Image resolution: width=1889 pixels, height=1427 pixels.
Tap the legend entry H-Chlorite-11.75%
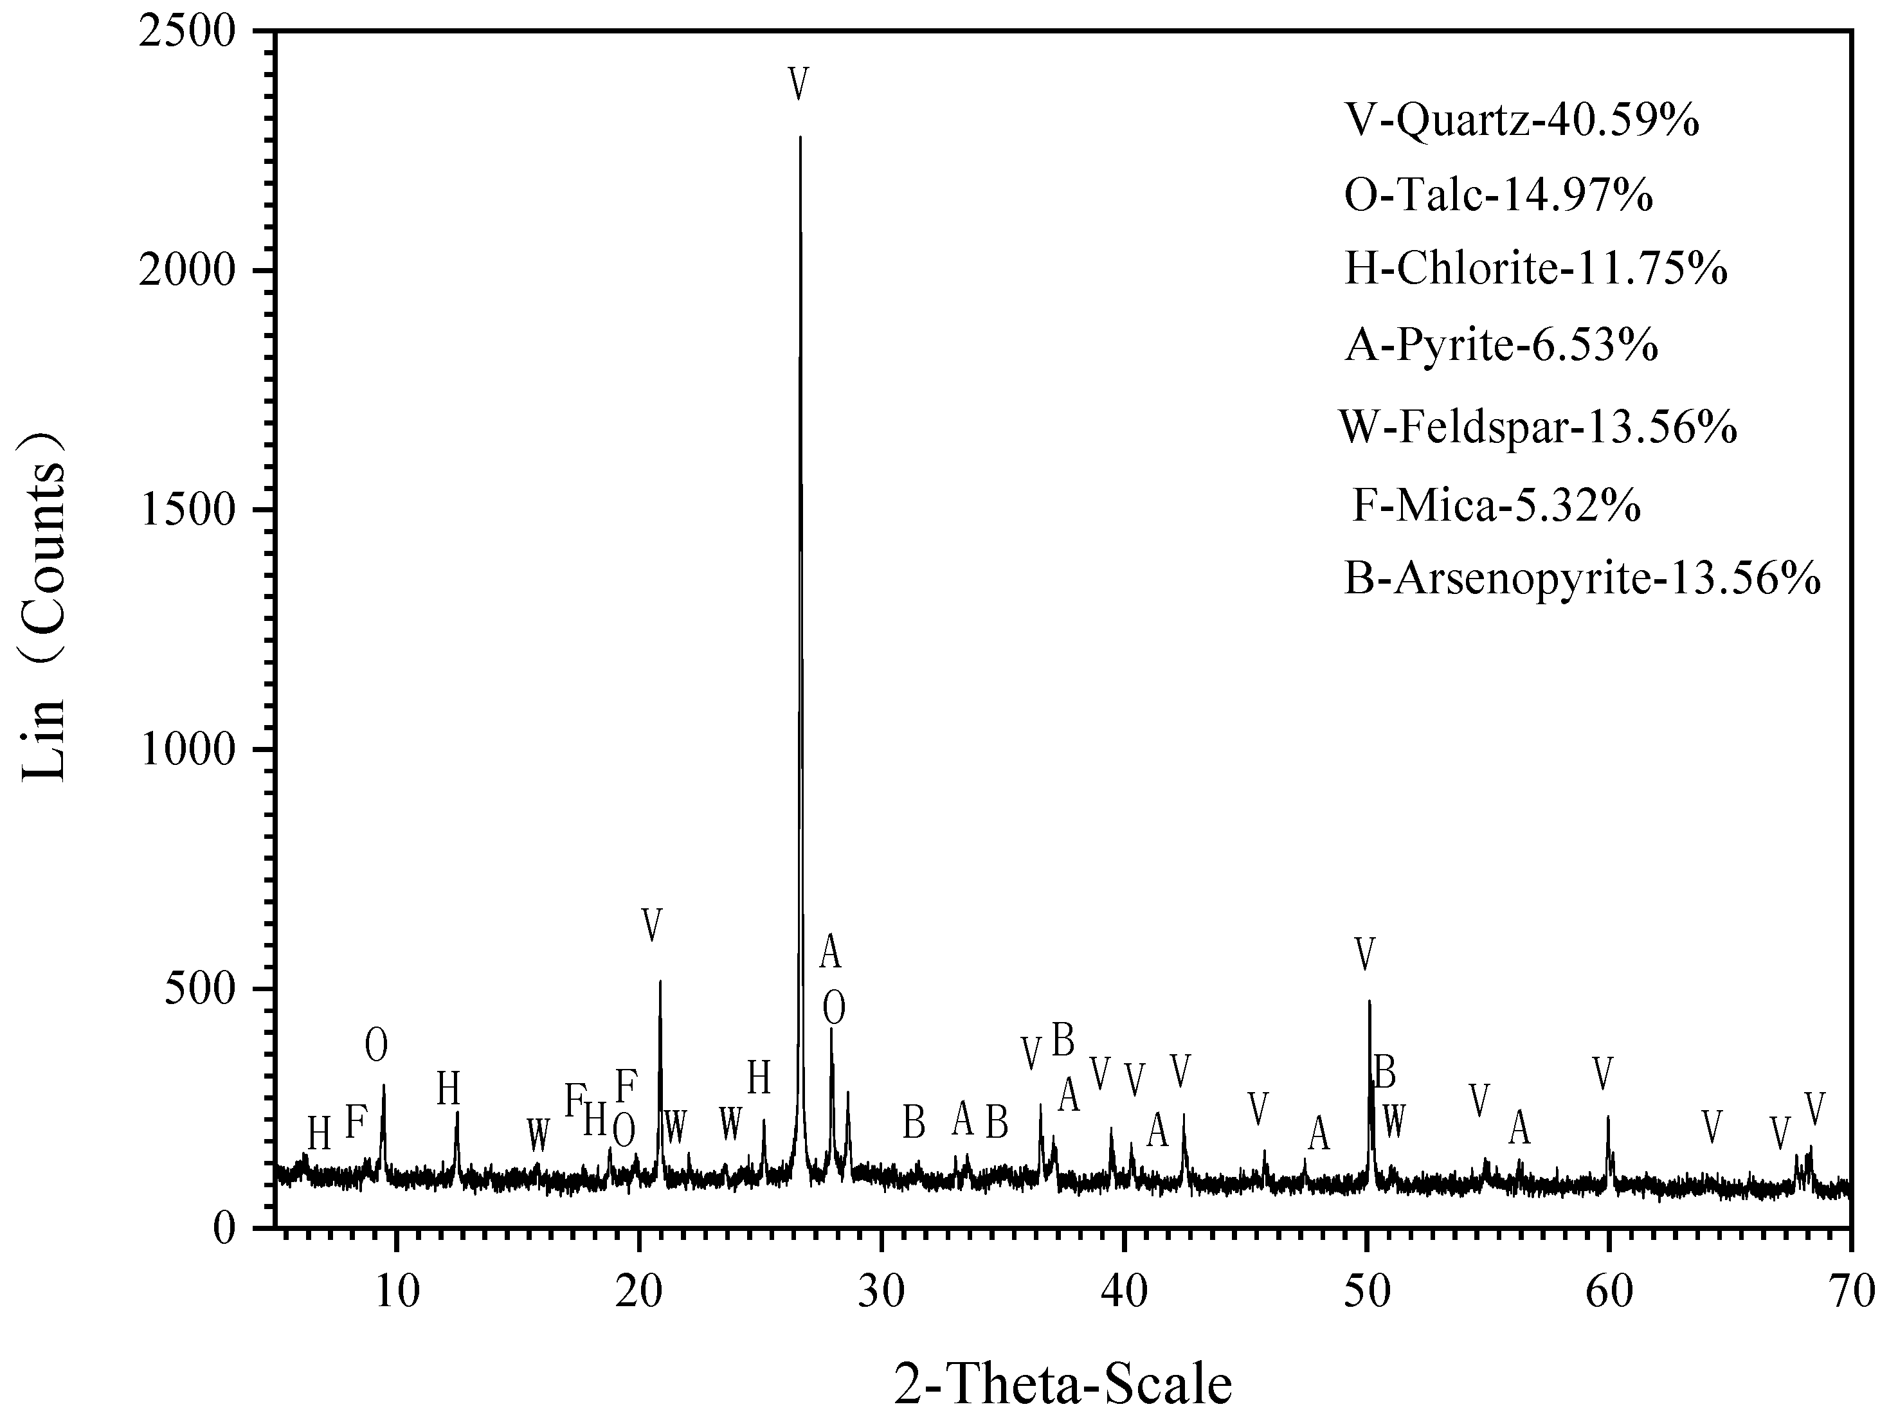[x=1535, y=270]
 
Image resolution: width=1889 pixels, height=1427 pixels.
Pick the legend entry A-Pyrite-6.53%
[x=1501, y=346]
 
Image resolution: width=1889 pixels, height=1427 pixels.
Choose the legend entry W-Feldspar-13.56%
[x=1537, y=427]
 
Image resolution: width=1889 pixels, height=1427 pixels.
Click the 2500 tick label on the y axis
[x=201, y=31]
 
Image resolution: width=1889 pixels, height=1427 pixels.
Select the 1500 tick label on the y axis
[x=201, y=510]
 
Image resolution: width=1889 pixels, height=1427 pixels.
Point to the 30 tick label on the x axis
[x=881, y=1292]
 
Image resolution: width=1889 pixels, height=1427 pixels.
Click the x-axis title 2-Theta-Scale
[x=1063, y=1385]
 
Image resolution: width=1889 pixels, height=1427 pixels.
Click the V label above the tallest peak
[x=799, y=84]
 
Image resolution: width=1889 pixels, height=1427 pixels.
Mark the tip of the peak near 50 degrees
[x=1369, y=1001]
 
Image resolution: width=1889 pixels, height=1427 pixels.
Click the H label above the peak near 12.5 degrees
[x=448, y=1089]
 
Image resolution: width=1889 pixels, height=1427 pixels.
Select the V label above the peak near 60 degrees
[x=1603, y=1073]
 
